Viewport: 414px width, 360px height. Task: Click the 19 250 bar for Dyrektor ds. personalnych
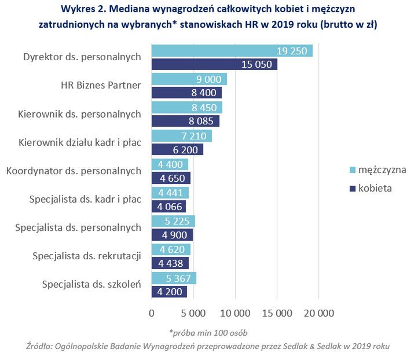pyautogui.click(x=232, y=51)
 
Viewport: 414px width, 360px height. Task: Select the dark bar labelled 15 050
pyautogui.click(x=214, y=64)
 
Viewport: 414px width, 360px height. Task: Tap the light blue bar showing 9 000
pyautogui.click(x=189, y=79)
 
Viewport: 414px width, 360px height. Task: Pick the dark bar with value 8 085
pyautogui.click(x=185, y=121)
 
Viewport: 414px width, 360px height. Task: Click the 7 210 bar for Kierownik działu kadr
pyautogui.click(x=181, y=136)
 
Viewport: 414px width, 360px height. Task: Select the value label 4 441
pyautogui.click(x=170, y=193)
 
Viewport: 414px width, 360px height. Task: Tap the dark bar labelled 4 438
pyautogui.click(x=170, y=263)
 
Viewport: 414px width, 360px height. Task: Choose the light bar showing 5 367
pyautogui.click(x=174, y=278)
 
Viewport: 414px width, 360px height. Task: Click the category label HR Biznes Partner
pyautogui.click(x=101, y=86)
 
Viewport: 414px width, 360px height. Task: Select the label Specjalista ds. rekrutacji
pyautogui.click(x=87, y=256)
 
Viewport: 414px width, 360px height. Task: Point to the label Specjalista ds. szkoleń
pyautogui.click(x=91, y=284)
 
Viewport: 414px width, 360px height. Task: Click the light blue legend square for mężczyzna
pyautogui.click(x=351, y=170)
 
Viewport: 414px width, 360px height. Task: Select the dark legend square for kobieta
pyautogui.click(x=351, y=188)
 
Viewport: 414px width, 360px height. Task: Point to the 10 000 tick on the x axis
pyautogui.click(x=235, y=313)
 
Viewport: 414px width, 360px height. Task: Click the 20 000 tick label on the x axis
pyautogui.click(x=318, y=313)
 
